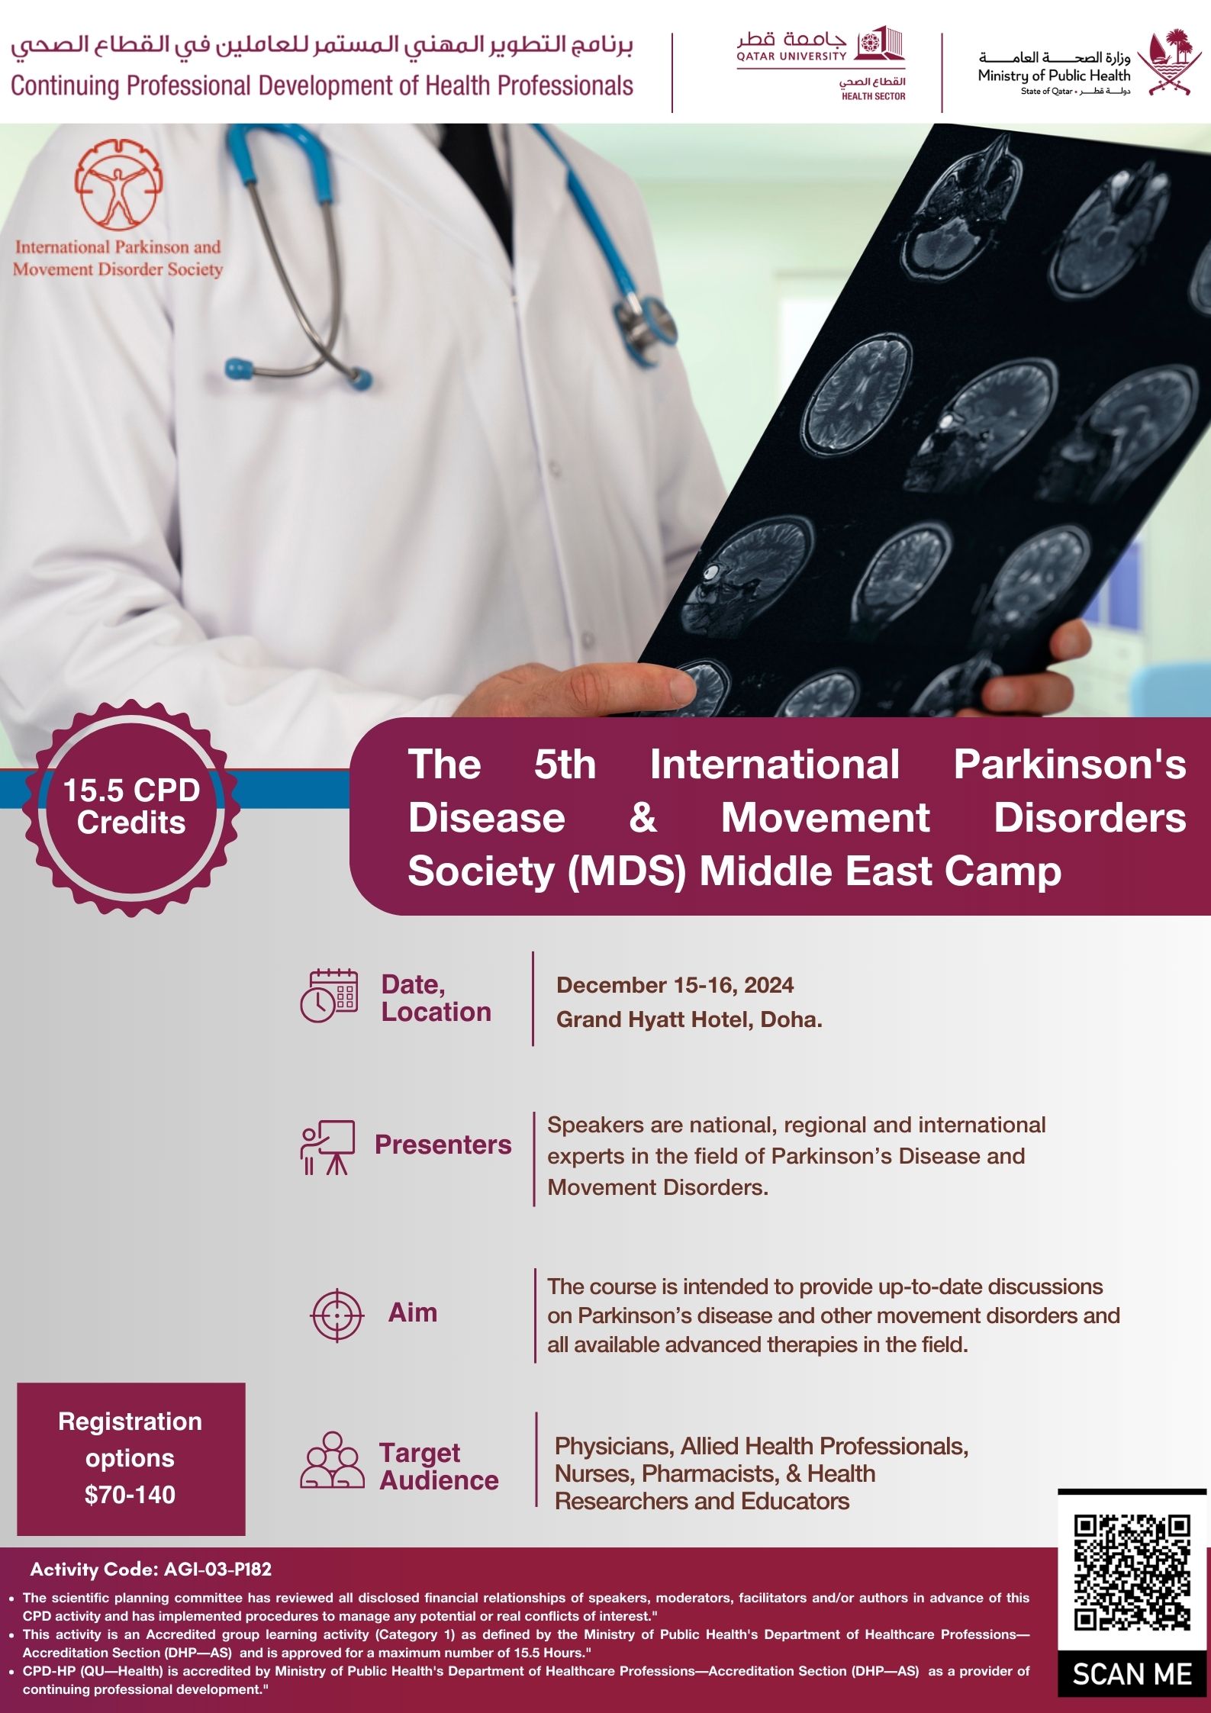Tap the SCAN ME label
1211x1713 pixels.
pos(1132,1675)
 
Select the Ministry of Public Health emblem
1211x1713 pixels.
pos(1164,62)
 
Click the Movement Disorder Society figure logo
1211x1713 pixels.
pos(118,184)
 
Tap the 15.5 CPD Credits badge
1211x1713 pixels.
pos(131,807)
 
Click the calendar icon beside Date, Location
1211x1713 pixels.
pos(329,996)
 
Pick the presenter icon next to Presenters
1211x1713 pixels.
pos(327,1147)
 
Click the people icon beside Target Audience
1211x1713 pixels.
pos(332,1460)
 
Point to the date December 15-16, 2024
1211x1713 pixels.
pos(675,985)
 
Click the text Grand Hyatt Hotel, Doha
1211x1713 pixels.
pos(689,1019)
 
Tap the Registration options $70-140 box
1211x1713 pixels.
pos(131,1459)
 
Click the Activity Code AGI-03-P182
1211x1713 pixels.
pos(151,1570)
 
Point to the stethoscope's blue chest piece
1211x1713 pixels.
pos(239,369)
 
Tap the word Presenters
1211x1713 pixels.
pos(443,1145)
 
